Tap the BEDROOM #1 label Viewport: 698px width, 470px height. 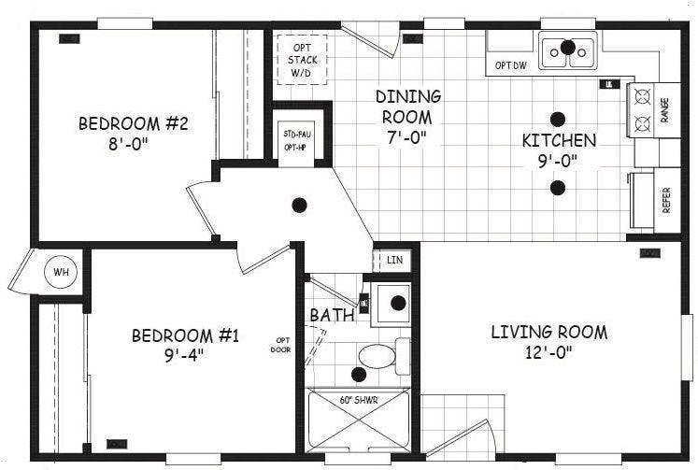click(x=185, y=335)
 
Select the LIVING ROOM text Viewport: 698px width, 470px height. click(x=549, y=332)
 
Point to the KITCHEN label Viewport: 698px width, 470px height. click(x=559, y=141)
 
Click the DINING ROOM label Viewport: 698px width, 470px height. click(x=408, y=107)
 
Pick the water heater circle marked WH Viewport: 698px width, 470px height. click(x=62, y=273)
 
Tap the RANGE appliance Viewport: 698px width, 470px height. click(x=643, y=109)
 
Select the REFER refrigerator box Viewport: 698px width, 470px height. click(x=654, y=199)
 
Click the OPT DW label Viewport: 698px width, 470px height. click(x=510, y=65)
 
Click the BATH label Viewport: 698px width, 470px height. click(x=332, y=315)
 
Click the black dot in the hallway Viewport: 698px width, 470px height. click(x=300, y=204)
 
